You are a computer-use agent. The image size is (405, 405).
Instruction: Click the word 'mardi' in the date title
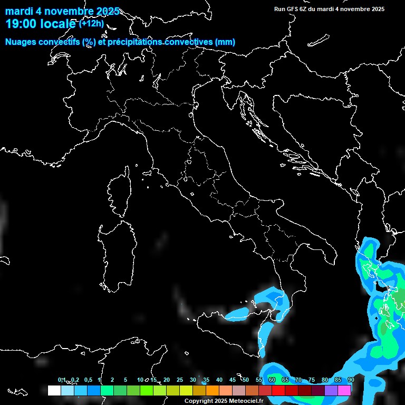18,11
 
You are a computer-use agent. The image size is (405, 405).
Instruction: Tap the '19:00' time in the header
22,24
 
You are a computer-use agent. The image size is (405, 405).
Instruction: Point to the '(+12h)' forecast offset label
92,23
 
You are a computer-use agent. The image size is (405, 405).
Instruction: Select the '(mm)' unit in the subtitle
226,42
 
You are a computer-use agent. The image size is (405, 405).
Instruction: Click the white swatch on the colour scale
54,391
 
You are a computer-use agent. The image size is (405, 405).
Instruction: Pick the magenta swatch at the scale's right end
344,391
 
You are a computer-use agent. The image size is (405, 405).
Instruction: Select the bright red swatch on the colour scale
278,391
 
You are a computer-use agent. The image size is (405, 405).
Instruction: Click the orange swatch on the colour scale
213,391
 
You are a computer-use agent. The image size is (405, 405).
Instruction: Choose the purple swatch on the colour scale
331,391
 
